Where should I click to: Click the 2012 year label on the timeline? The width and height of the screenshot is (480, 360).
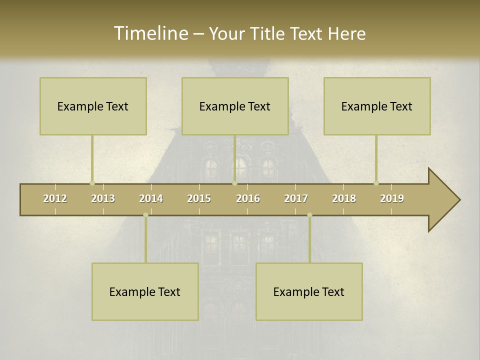(x=55, y=198)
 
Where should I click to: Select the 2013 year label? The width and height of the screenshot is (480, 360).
(x=103, y=198)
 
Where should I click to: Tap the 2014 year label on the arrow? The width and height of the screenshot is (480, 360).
(x=151, y=198)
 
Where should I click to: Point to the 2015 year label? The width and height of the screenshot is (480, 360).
(x=199, y=198)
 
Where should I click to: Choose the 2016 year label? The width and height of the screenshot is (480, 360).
(x=248, y=198)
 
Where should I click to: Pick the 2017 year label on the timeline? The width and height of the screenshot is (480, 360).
(x=296, y=198)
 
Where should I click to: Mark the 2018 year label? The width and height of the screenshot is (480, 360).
(x=344, y=198)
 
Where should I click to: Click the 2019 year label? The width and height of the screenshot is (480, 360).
(x=392, y=198)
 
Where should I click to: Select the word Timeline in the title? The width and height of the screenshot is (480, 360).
(x=150, y=33)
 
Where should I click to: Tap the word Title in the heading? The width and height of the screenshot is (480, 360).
(x=268, y=33)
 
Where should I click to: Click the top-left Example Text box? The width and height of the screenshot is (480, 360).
(x=93, y=106)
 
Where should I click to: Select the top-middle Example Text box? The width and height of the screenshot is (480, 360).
(x=235, y=106)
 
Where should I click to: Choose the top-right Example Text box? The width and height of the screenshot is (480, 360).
(x=377, y=106)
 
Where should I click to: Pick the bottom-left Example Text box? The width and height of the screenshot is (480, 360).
(x=145, y=291)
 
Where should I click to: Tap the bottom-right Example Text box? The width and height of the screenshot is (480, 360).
(x=309, y=291)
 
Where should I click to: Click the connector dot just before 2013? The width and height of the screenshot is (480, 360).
(x=92, y=183)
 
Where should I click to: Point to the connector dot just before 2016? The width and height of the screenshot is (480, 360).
(x=234, y=183)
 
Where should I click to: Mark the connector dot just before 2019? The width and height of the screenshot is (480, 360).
(x=376, y=183)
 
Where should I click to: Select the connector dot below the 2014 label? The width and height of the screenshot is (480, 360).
(x=145, y=215)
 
